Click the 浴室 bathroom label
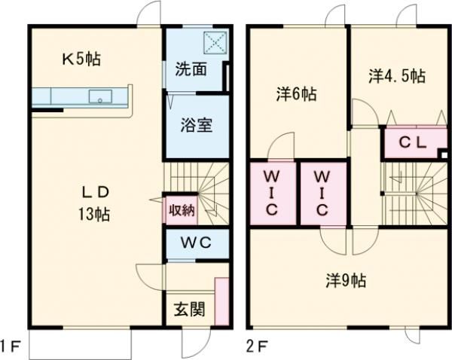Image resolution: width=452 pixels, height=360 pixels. pyautogui.click(x=195, y=124)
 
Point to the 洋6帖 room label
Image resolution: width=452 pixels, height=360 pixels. pyautogui.click(x=295, y=95)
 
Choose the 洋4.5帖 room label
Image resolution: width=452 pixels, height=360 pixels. pyautogui.click(x=396, y=76)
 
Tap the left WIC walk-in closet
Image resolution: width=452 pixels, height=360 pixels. pyautogui.click(x=272, y=194)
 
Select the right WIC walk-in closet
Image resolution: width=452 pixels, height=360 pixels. pyautogui.click(x=322, y=194)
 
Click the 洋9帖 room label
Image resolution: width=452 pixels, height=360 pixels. pyautogui.click(x=346, y=281)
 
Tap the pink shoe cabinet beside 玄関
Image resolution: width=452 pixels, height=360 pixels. pyautogui.click(x=221, y=302)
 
